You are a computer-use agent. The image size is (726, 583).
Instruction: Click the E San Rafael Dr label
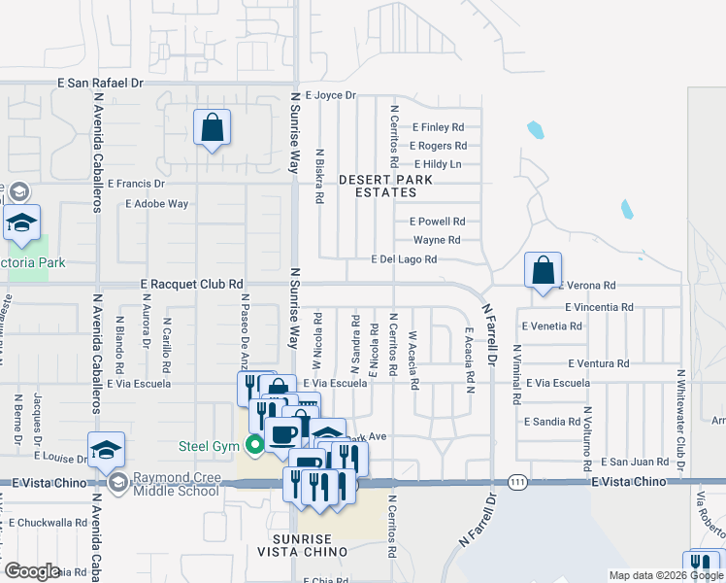[100, 84]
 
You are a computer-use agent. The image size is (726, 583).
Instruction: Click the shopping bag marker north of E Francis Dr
[211, 127]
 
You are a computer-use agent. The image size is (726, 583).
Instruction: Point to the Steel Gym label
[208, 446]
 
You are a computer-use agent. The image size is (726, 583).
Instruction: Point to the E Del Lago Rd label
[405, 259]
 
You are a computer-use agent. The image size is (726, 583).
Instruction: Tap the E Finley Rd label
[438, 127]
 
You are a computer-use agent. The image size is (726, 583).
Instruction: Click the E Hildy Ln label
[437, 164]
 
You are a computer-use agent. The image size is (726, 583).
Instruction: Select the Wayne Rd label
[436, 240]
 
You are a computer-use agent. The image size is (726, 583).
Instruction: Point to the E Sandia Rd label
[551, 423]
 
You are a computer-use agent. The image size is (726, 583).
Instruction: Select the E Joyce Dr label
[331, 96]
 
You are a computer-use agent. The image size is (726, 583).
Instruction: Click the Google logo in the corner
[32, 571]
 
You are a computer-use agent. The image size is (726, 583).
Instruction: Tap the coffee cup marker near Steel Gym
[284, 434]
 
